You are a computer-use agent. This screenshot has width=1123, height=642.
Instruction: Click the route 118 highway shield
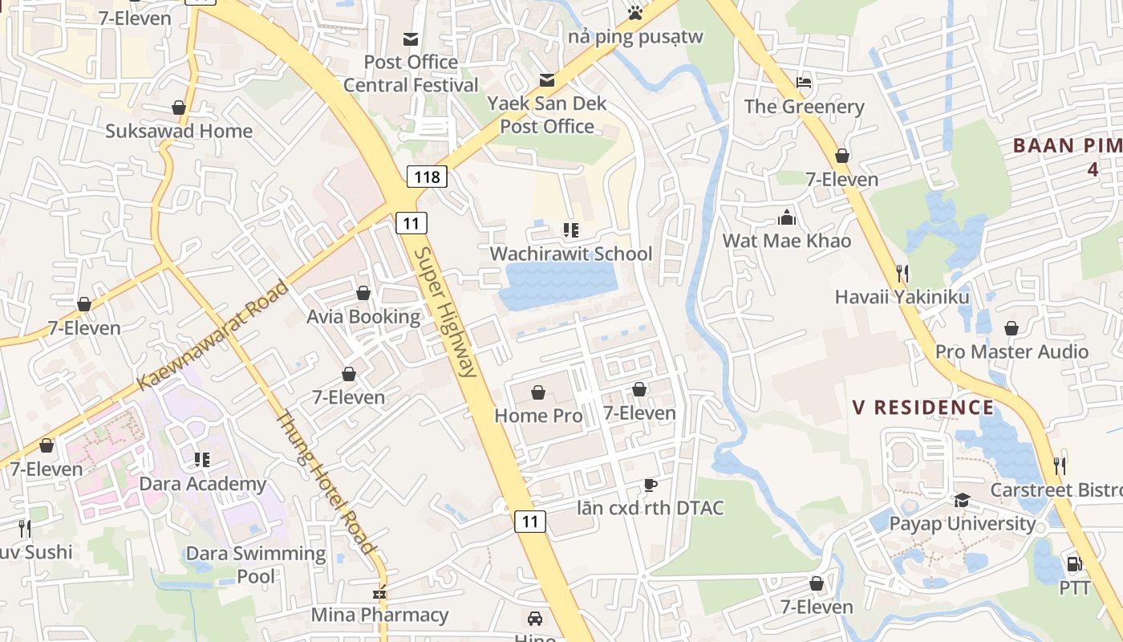point(426,176)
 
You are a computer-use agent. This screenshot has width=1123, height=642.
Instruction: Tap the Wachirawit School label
point(570,254)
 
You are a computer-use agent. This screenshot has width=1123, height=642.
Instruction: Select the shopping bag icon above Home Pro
point(538,392)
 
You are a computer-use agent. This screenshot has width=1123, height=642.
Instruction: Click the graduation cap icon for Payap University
point(962,501)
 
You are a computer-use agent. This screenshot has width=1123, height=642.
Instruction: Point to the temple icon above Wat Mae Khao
point(786,217)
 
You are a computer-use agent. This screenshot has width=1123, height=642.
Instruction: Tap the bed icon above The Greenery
point(804,83)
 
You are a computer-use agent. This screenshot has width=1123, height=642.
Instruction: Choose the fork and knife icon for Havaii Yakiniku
point(902,274)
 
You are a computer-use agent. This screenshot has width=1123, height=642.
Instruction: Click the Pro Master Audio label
point(1012,351)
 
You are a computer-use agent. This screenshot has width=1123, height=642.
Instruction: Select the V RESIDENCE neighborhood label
point(923,408)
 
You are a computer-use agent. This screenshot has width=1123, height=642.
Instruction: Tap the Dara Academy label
point(202,484)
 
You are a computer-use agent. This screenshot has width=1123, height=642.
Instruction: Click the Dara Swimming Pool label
point(256,564)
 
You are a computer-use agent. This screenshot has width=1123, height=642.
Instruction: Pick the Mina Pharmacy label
point(379,615)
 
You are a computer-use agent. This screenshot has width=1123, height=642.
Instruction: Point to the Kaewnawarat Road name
point(213,335)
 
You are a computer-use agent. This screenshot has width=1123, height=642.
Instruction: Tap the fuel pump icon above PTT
point(1074,564)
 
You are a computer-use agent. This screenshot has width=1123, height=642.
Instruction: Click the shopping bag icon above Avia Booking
point(363,293)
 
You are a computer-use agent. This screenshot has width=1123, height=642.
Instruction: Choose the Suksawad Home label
point(179,131)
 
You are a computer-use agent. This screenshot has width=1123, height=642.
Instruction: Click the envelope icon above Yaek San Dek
point(547,79)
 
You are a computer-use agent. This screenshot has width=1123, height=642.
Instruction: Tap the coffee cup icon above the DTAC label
point(651,485)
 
